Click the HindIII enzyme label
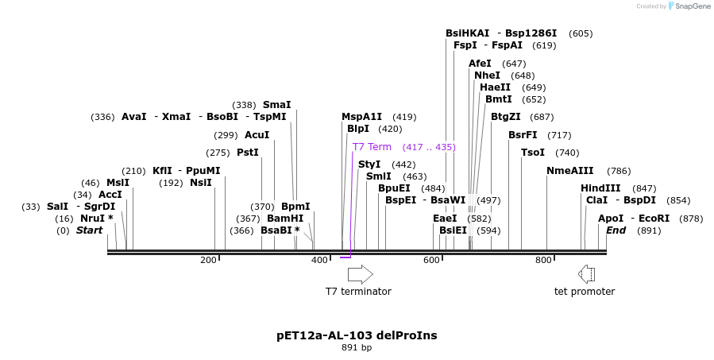(600, 188)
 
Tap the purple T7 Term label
(372, 147)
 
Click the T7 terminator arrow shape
(360, 274)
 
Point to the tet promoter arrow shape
(586, 274)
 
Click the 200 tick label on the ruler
(209, 261)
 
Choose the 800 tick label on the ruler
(543, 261)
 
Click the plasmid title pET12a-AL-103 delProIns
(357, 335)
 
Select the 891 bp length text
(357, 348)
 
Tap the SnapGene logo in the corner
(689, 6)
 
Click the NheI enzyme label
(487, 75)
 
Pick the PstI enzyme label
(248, 153)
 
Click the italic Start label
(89, 230)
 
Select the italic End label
(616, 230)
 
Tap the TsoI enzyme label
(532, 153)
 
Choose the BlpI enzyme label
(357, 129)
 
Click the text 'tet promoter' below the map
(584, 292)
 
